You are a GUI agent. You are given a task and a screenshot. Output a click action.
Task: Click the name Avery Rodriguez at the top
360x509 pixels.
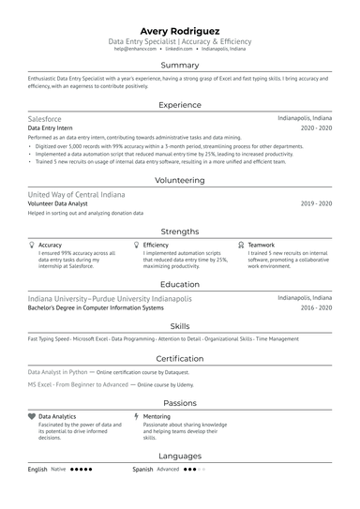(180, 30)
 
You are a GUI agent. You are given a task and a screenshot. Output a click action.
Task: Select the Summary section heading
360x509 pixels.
(180, 66)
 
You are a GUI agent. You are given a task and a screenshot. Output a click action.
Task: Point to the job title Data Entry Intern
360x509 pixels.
(51, 128)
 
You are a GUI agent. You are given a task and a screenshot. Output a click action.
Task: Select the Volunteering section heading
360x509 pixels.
(180, 180)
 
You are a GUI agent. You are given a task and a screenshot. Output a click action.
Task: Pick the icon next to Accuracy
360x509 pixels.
(32, 245)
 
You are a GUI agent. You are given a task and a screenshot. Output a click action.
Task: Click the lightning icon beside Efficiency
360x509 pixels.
(137, 245)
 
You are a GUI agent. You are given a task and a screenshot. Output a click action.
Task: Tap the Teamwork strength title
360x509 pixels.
(262, 245)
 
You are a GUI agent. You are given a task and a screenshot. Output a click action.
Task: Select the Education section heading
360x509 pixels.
(180, 284)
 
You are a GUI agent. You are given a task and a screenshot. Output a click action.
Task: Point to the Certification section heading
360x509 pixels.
(180, 359)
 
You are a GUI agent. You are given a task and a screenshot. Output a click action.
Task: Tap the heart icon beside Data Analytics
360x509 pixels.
(32, 415)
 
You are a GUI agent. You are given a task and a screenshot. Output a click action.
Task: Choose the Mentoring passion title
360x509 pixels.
(157, 415)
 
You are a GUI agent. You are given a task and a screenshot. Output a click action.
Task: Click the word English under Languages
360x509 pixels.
(37, 469)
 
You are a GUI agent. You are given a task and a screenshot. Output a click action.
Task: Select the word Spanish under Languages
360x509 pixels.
(142, 469)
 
